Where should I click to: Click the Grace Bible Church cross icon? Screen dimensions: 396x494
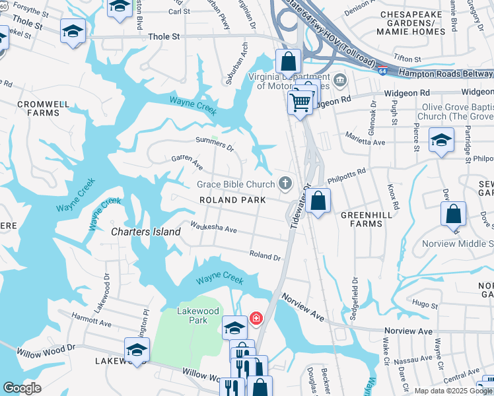pyautogui.click(x=285, y=183)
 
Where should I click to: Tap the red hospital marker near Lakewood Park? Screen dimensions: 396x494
pyautogui.click(x=256, y=319)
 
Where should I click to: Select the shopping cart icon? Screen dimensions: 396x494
pyautogui.click(x=300, y=102)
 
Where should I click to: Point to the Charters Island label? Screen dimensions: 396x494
pyautogui.click(x=145, y=232)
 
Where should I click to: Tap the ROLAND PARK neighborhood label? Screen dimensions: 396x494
pyautogui.click(x=233, y=200)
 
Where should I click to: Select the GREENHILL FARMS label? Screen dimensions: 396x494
pyautogui.click(x=361, y=219)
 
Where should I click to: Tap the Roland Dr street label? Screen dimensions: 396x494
pyautogui.click(x=265, y=255)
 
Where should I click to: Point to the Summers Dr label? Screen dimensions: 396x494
pyautogui.click(x=215, y=142)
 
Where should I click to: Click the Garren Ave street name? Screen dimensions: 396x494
pyautogui.click(x=187, y=160)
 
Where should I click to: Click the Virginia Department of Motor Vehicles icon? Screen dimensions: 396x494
pyautogui.click(x=340, y=81)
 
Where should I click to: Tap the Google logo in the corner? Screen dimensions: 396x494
pyautogui.click(x=22, y=387)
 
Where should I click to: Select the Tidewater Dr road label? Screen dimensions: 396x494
pyautogui.click(x=299, y=207)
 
